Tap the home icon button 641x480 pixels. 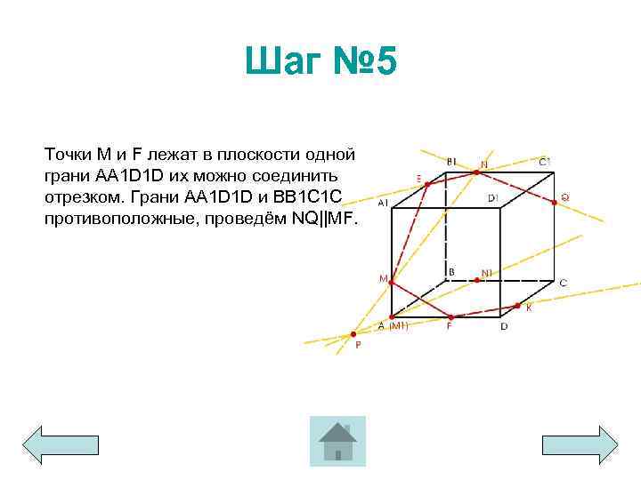(x=337, y=442)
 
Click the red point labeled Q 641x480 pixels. (x=556, y=202)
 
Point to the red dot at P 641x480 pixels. (x=353, y=334)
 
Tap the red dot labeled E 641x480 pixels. (x=427, y=185)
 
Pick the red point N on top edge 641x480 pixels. (x=477, y=172)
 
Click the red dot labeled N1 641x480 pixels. (x=477, y=280)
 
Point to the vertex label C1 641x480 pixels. (x=545, y=161)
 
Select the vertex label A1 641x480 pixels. (x=382, y=203)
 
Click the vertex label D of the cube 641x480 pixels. (x=504, y=326)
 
